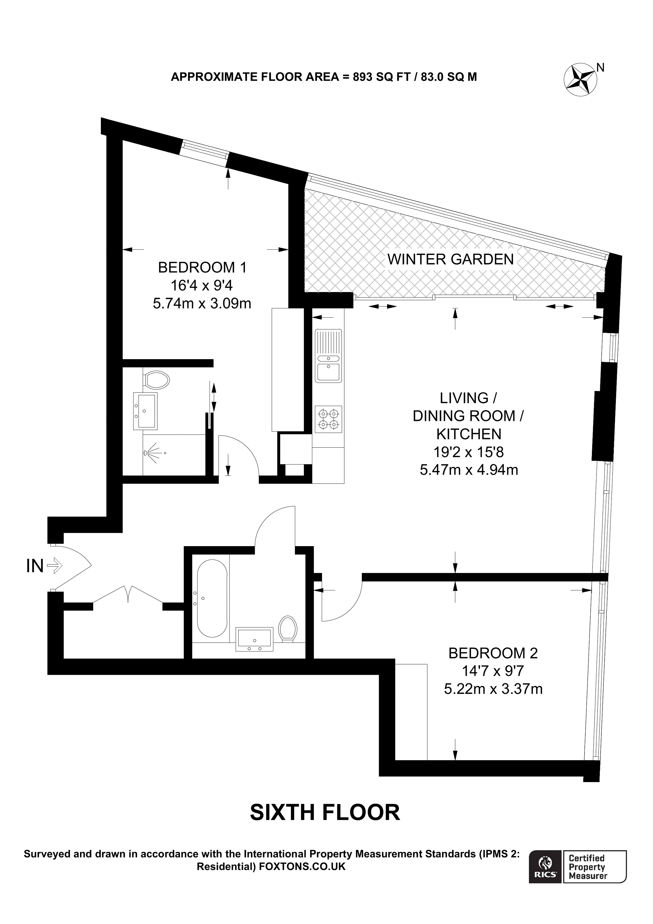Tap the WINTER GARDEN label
(450, 260)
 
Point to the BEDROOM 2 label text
(493, 653)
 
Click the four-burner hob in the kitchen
(328, 419)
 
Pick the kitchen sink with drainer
(328, 356)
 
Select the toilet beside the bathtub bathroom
(288, 628)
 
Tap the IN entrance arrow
(55, 566)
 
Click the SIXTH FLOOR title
(325, 812)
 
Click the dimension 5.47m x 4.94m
(469, 470)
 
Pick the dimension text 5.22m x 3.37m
(493, 689)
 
